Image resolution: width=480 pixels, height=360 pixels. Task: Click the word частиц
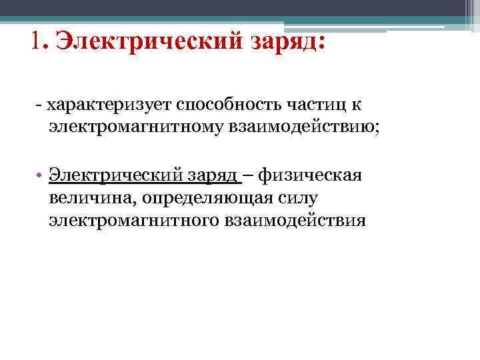point(315,105)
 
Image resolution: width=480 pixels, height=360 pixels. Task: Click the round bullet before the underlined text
point(40,177)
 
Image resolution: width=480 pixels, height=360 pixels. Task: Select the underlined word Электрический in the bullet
point(113,176)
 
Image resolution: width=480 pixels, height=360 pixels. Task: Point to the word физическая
point(311,176)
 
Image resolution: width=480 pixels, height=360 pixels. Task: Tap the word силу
point(298,198)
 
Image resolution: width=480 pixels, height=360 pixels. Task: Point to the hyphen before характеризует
point(40,105)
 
